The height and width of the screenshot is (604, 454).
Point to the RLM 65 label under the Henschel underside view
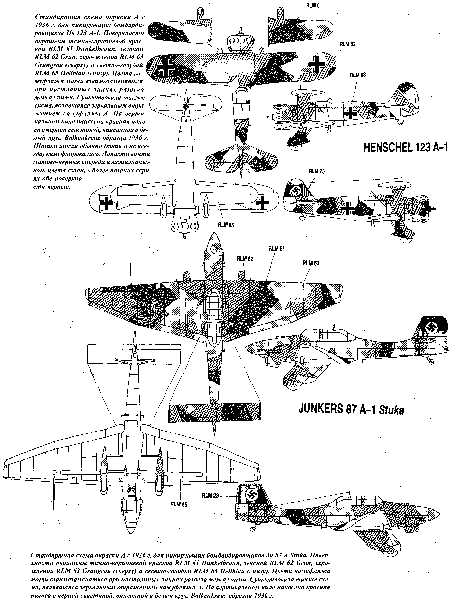226,225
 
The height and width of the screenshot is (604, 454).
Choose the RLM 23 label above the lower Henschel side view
317,171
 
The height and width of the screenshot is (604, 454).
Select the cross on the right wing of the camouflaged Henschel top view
317,63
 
